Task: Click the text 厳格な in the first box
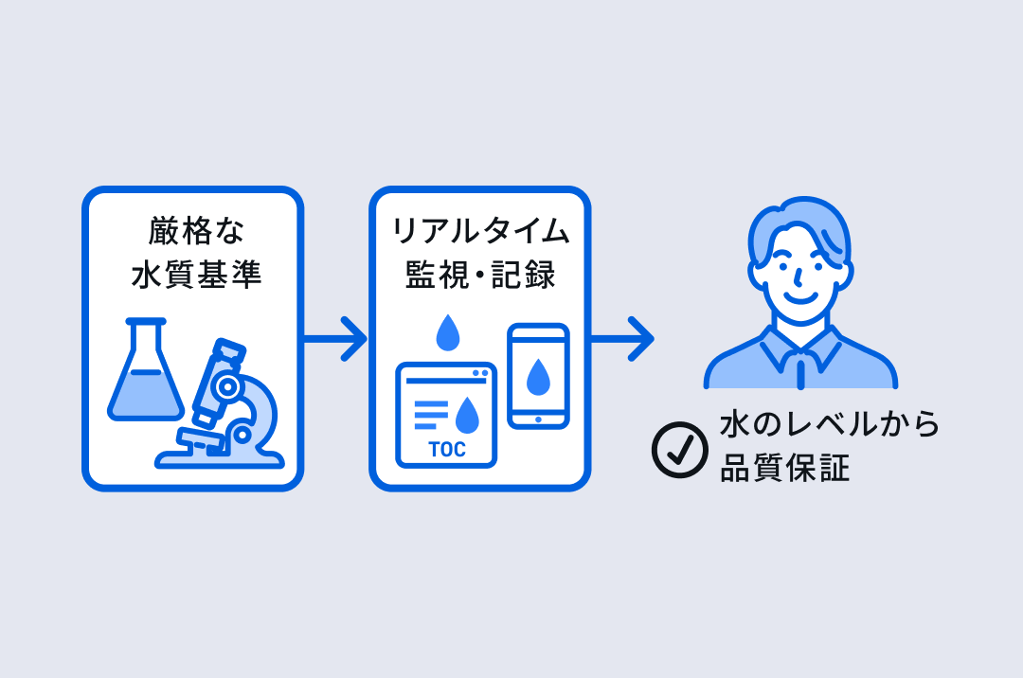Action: [x=194, y=231]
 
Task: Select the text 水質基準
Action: [x=194, y=276]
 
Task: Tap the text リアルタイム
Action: [x=480, y=231]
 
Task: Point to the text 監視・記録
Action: [x=480, y=276]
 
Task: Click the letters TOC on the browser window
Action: [x=447, y=450]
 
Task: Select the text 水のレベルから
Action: [x=830, y=424]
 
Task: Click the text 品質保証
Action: [x=784, y=468]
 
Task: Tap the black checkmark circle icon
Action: [x=680, y=449]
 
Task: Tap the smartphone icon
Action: [x=538, y=376]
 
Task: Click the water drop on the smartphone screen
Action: [x=538, y=376]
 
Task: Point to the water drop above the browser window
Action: [x=446, y=332]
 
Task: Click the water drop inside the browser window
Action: [x=467, y=414]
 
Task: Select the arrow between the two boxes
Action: [x=335, y=337]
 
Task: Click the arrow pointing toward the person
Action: [x=622, y=337]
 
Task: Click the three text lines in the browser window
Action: [x=432, y=415]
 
